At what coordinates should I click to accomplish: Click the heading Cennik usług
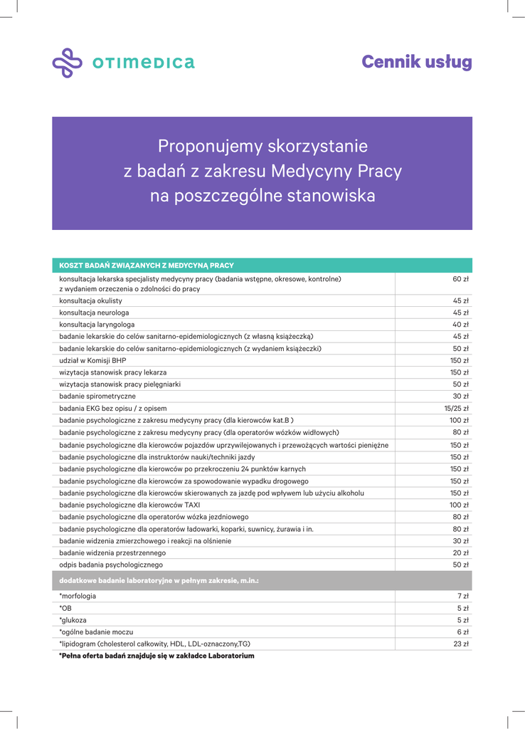416,63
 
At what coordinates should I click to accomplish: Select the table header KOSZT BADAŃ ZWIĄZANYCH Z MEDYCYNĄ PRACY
147,266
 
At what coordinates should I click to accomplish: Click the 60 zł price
461,279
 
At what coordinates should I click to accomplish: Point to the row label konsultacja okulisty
90,301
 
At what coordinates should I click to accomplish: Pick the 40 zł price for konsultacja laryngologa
461,325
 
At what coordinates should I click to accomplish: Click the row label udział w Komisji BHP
92,360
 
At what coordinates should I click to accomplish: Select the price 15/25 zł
456,408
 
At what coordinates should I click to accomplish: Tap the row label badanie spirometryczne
97,396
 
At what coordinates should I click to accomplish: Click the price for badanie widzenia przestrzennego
461,552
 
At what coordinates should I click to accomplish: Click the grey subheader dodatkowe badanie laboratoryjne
159,581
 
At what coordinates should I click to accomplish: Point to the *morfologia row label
78,596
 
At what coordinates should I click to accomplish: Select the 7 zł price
463,596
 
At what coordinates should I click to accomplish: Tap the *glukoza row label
74,620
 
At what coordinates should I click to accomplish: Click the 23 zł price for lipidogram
461,644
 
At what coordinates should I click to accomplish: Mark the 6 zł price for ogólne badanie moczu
463,632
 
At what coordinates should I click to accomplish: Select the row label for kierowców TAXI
130,505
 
